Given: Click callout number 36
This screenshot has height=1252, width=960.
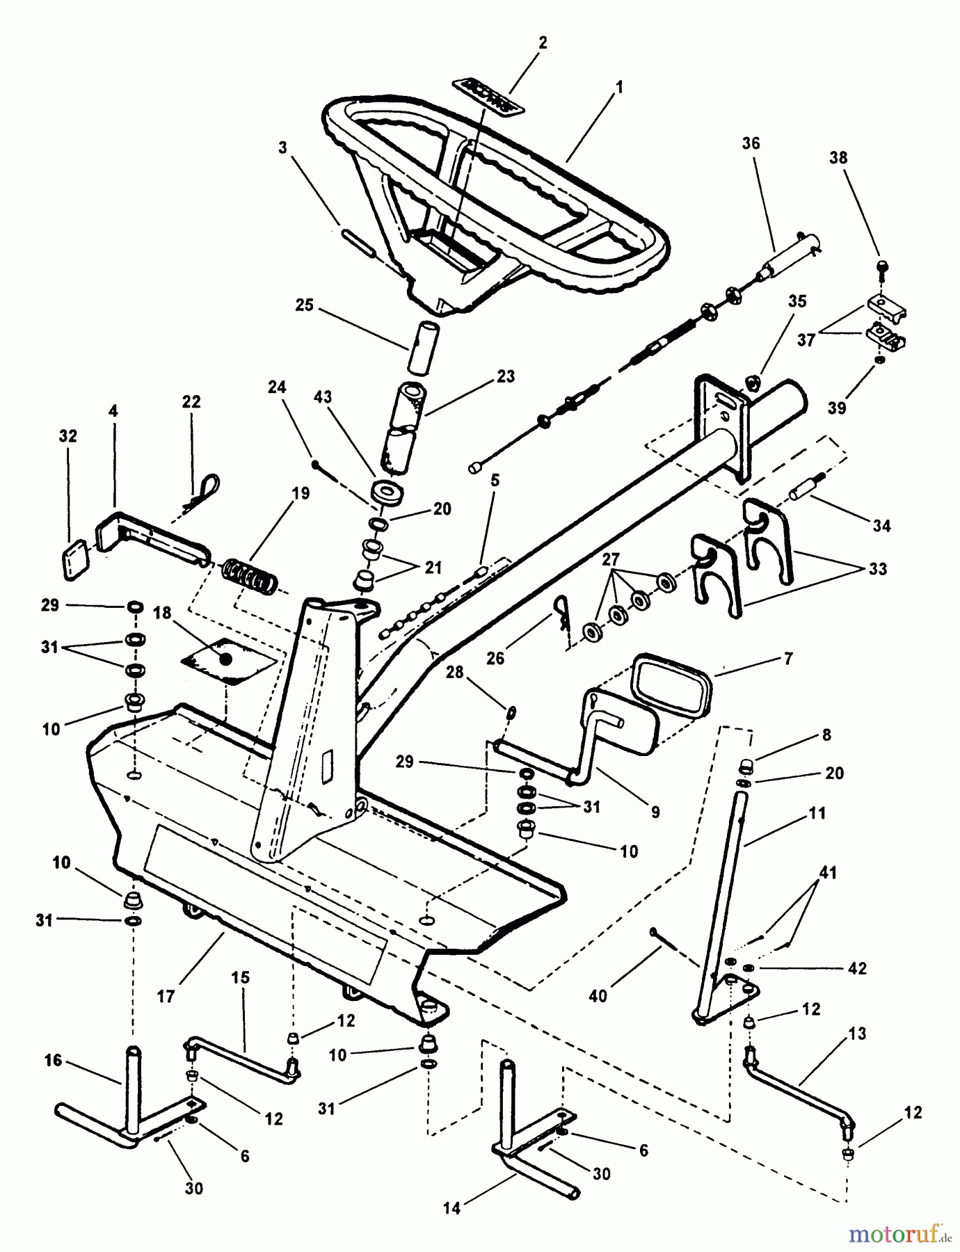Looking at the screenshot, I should (x=751, y=144).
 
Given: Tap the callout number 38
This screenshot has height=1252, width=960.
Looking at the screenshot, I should (x=838, y=158).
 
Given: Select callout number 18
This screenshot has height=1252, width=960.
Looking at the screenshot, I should (x=162, y=613).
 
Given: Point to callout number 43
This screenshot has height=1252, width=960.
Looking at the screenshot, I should (x=323, y=397).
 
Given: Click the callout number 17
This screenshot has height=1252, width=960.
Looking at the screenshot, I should (x=166, y=997).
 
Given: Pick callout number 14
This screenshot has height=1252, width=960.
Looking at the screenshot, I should (x=451, y=1209).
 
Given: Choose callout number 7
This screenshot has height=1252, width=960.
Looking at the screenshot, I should (x=788, y=658).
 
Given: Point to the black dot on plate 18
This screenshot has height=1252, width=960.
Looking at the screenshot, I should (x=225, y=658).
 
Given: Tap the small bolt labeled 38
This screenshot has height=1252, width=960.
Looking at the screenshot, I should (x=880, y=267).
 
